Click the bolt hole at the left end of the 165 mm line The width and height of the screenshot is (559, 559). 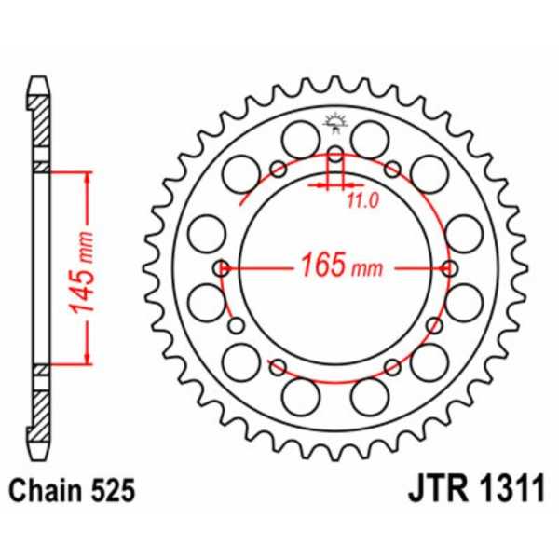[221, 268]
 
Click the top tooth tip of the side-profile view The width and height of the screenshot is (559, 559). [38, 82]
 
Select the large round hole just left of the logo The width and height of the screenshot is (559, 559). [301, 141]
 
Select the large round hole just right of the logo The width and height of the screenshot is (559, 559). [372, 141]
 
